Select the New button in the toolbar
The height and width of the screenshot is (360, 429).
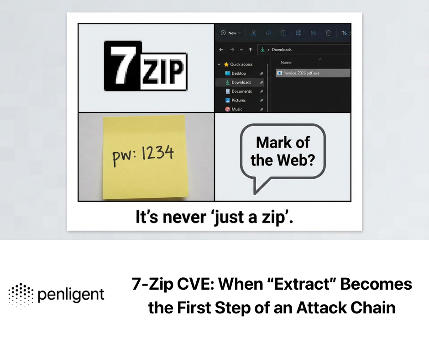click(x=230, y=33)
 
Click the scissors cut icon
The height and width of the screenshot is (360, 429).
click(x=254, y=33)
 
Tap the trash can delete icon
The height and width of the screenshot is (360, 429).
click(x=328, y=33)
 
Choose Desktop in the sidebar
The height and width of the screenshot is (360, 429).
click(x=238, y=73)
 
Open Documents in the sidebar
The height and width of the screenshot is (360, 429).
click(x=241, y=91)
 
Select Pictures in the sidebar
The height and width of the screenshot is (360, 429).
click(x=238, y=100)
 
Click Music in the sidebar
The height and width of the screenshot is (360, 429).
click(x=237, y=109)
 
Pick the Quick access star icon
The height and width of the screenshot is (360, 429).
click(x=226, y=64)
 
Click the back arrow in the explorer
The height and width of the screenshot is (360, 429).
click(x=221, y=49)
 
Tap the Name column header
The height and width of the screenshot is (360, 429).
click(x=286, y=62)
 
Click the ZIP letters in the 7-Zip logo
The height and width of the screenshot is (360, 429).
click(x=163, y=71)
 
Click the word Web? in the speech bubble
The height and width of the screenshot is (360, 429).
click(x=295, y=160)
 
